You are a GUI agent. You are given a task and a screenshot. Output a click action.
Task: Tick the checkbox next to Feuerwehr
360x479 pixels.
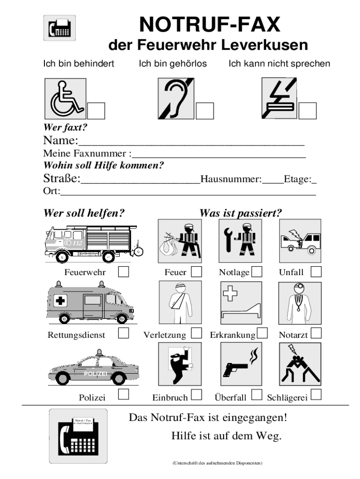(x=124, y=271)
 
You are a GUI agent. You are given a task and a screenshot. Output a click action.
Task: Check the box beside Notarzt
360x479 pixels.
(x=317, y=333)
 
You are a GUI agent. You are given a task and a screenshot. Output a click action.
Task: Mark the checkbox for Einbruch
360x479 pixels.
(x=196, y=395)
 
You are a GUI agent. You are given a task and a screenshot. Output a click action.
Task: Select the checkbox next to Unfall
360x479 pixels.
(x=316, y=271)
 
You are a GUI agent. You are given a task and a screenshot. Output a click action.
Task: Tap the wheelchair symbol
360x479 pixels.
(x=65, y=98)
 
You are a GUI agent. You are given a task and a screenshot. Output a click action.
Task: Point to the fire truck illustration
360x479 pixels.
(x=91, y=242)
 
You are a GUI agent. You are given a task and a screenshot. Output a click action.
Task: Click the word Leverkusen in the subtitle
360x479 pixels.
(x=265, y=45)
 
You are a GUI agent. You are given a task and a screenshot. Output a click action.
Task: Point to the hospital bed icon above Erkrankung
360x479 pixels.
(x=240, y=302)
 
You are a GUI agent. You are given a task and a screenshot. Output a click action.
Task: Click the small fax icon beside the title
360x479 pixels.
(x=59, y=27)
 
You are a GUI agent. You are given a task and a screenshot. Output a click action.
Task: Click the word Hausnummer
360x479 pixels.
(x=231, y=179)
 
